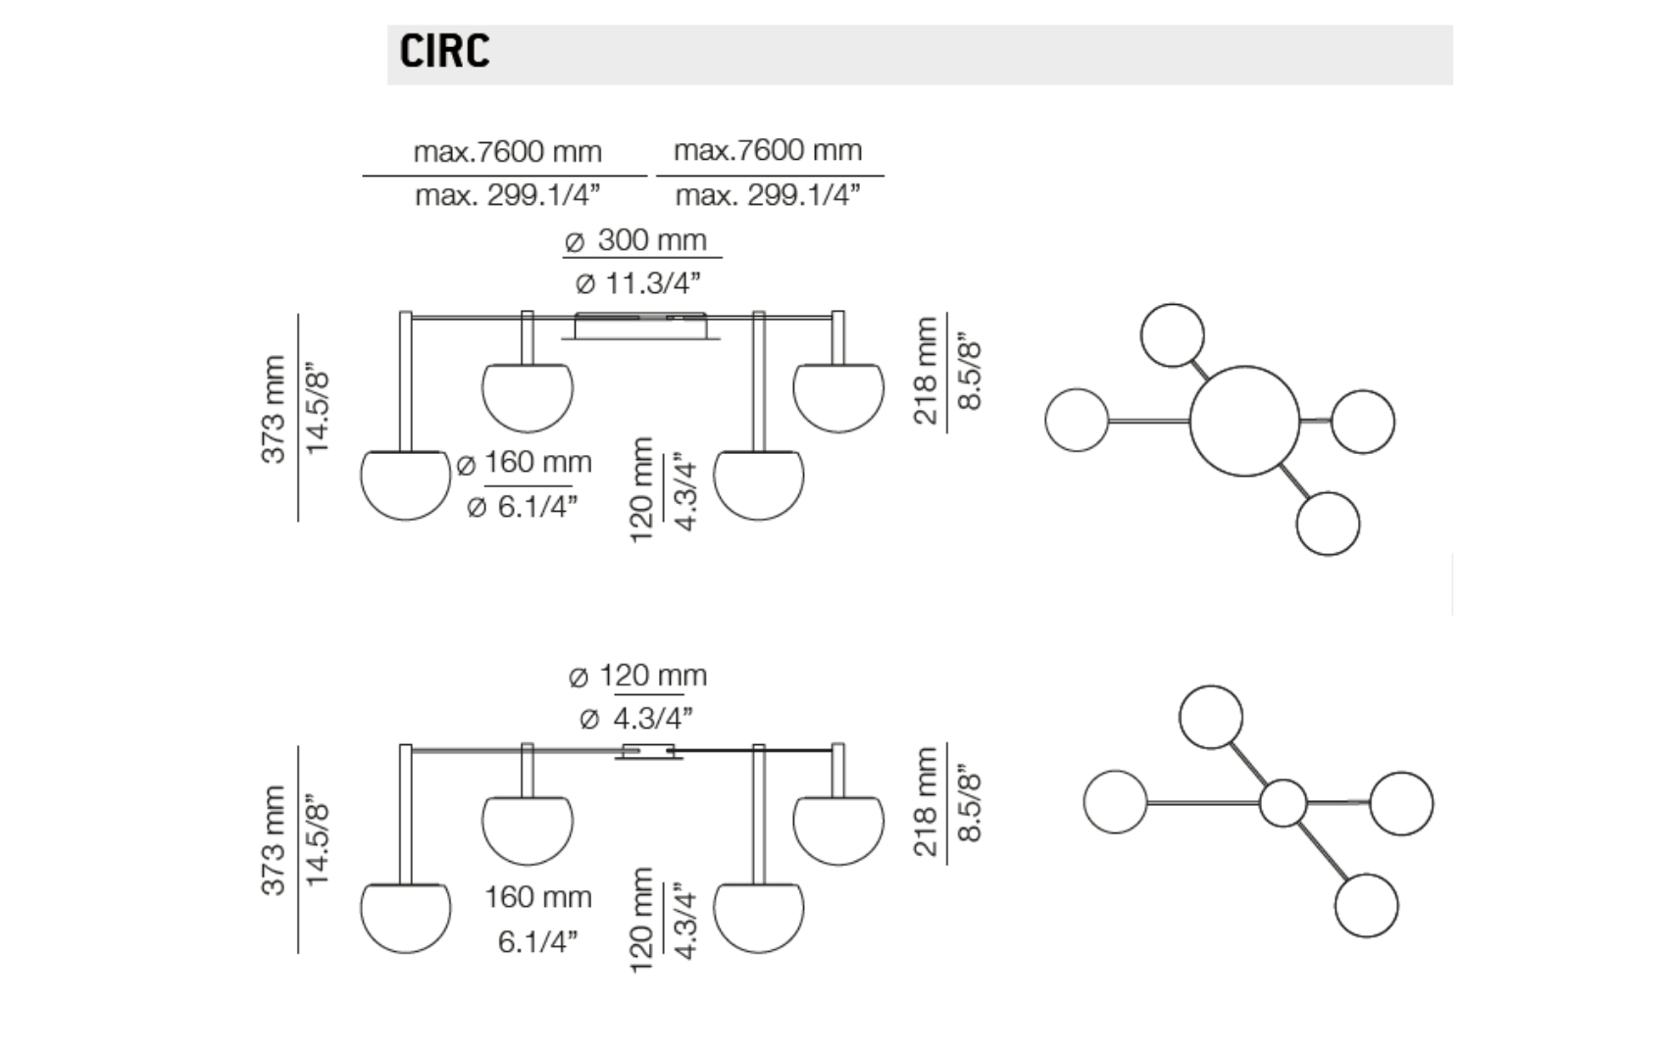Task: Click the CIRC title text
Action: [x=444, y=51]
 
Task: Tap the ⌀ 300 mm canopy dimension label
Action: [x=637, y=240]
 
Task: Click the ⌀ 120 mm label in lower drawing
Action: [x=637, y=676]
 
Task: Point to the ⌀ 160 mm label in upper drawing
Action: [x=526, y=462]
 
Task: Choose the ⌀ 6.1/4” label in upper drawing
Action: [x=522, y=507]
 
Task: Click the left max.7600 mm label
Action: [x=507, y=152]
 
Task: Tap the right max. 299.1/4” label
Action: [x=768, y=195]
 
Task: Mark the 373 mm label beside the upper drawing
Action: [x=274, y=409]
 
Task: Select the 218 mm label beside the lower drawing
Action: [x=925, y=802]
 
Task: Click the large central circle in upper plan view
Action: [x=1244, y=422]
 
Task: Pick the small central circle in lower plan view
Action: [x=1283, y=804]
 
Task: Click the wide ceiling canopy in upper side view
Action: [x=640, y=327]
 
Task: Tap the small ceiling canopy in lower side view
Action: [x=647, y=753]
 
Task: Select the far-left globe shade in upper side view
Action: [x=405, y=484]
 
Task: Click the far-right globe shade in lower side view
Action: [x=838, y=831]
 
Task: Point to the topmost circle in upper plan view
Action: [x=1172, y=335]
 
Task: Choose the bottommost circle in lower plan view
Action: [x=1366, y=905]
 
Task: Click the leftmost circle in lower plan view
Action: [x=1115, y=802]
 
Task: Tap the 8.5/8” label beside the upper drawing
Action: [x=970, y=375]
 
